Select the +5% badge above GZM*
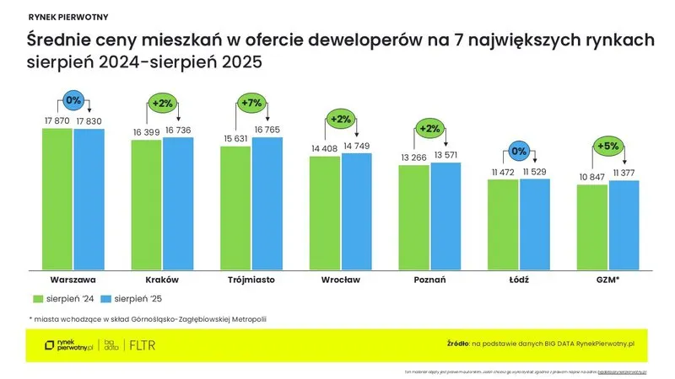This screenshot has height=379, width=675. [x=607, y=145]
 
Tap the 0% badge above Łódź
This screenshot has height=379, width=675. [x=519, y=152]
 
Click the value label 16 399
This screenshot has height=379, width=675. [x=146, y=132]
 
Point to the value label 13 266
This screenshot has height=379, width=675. [x=413, y=157]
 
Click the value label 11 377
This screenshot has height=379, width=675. [x=624, y=173]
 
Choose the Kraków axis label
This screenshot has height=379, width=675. [x=162, y=279]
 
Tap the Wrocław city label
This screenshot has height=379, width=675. [x=341, y=279]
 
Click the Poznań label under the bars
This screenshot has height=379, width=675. [x=429, y=279]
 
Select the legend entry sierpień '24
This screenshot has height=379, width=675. [x=63, y=298]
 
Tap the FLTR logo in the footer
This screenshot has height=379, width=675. [x=141, y=345]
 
